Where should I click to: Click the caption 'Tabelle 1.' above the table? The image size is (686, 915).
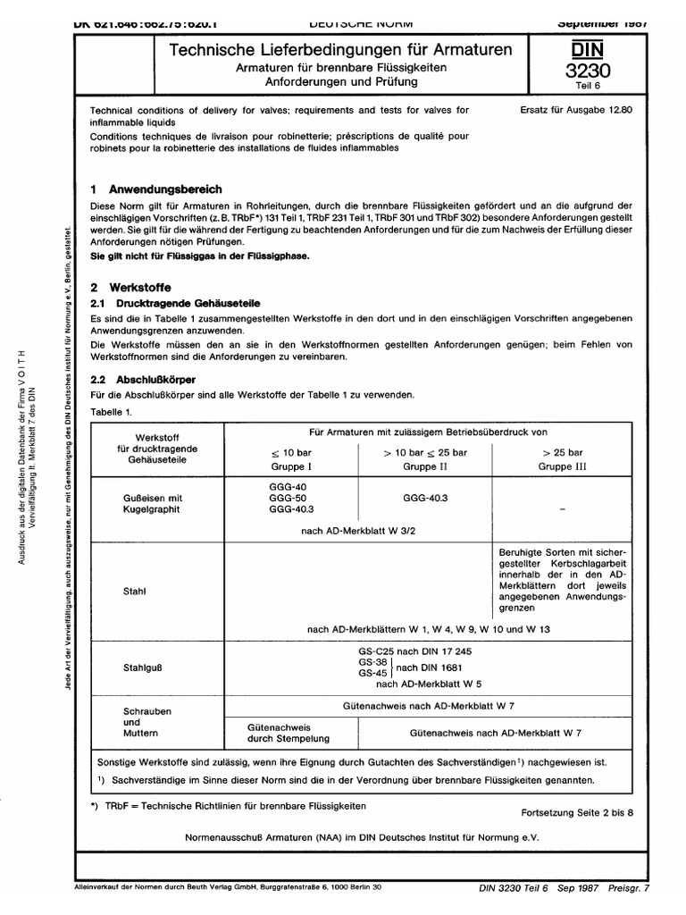(x=112, y=411)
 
